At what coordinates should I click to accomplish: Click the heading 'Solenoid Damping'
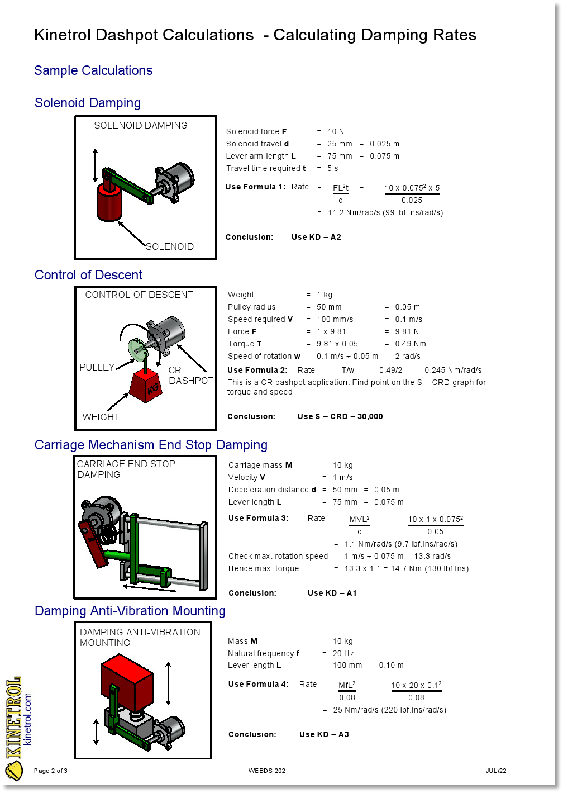pyautogui.click(x=88, y=103)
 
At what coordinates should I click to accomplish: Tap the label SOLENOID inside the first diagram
pyautogui.click(x=170, y=246)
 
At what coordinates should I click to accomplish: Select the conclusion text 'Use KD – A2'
pyautogui.click(x=316, y=237)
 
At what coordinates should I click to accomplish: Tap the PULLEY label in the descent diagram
pyautogui.click(x=97, y=367)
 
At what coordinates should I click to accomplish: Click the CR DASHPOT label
pyautogui.click(x=190, y=375)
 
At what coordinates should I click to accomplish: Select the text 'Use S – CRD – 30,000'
pyautogui.click(x=340, y=416)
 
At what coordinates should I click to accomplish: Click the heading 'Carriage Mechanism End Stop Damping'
pyautogui.click(x=151, y=445)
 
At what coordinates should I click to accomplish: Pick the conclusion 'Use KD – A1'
pyautogui.click(x=332, y=593)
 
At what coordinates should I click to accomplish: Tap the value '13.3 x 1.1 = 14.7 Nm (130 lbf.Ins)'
pyautogui.click(x=407, y=568)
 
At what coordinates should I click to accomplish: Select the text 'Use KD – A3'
pyautogui.click(x=324, y=734)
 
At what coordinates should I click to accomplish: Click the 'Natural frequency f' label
pyautogui.click(x=264, y=653)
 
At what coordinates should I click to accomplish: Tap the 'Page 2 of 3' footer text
pyautogui.click(x=51, y=771)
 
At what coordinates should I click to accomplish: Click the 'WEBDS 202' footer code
pyautogui.click(x=267, y=771)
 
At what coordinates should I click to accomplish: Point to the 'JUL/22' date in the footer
pyautogui.click(x=496, y=771)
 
